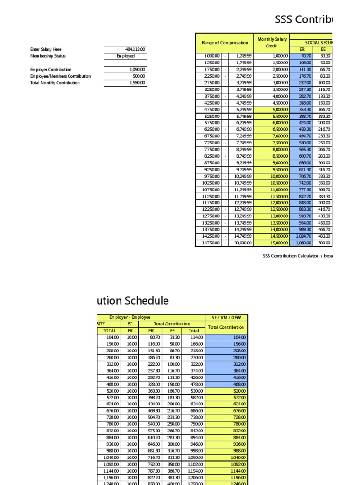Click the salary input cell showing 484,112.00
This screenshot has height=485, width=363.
tap(125, 49)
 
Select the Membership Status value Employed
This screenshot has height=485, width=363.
tap(125, 56)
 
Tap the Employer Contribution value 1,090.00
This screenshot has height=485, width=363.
tap(125, 69)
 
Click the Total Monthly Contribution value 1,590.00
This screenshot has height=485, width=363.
tap(125, 83)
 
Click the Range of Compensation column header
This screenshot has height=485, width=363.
tap(225, 43)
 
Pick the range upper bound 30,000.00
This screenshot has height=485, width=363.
tap(241, 243)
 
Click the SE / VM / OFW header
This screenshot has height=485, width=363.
tap(225, 317)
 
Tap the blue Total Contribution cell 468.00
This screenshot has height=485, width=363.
tap(225, 384)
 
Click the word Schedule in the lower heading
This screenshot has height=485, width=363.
tap(147, 301)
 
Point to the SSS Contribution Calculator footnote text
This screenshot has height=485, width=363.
tap(298, 256)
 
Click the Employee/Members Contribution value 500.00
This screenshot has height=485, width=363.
tap(125, 76)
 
